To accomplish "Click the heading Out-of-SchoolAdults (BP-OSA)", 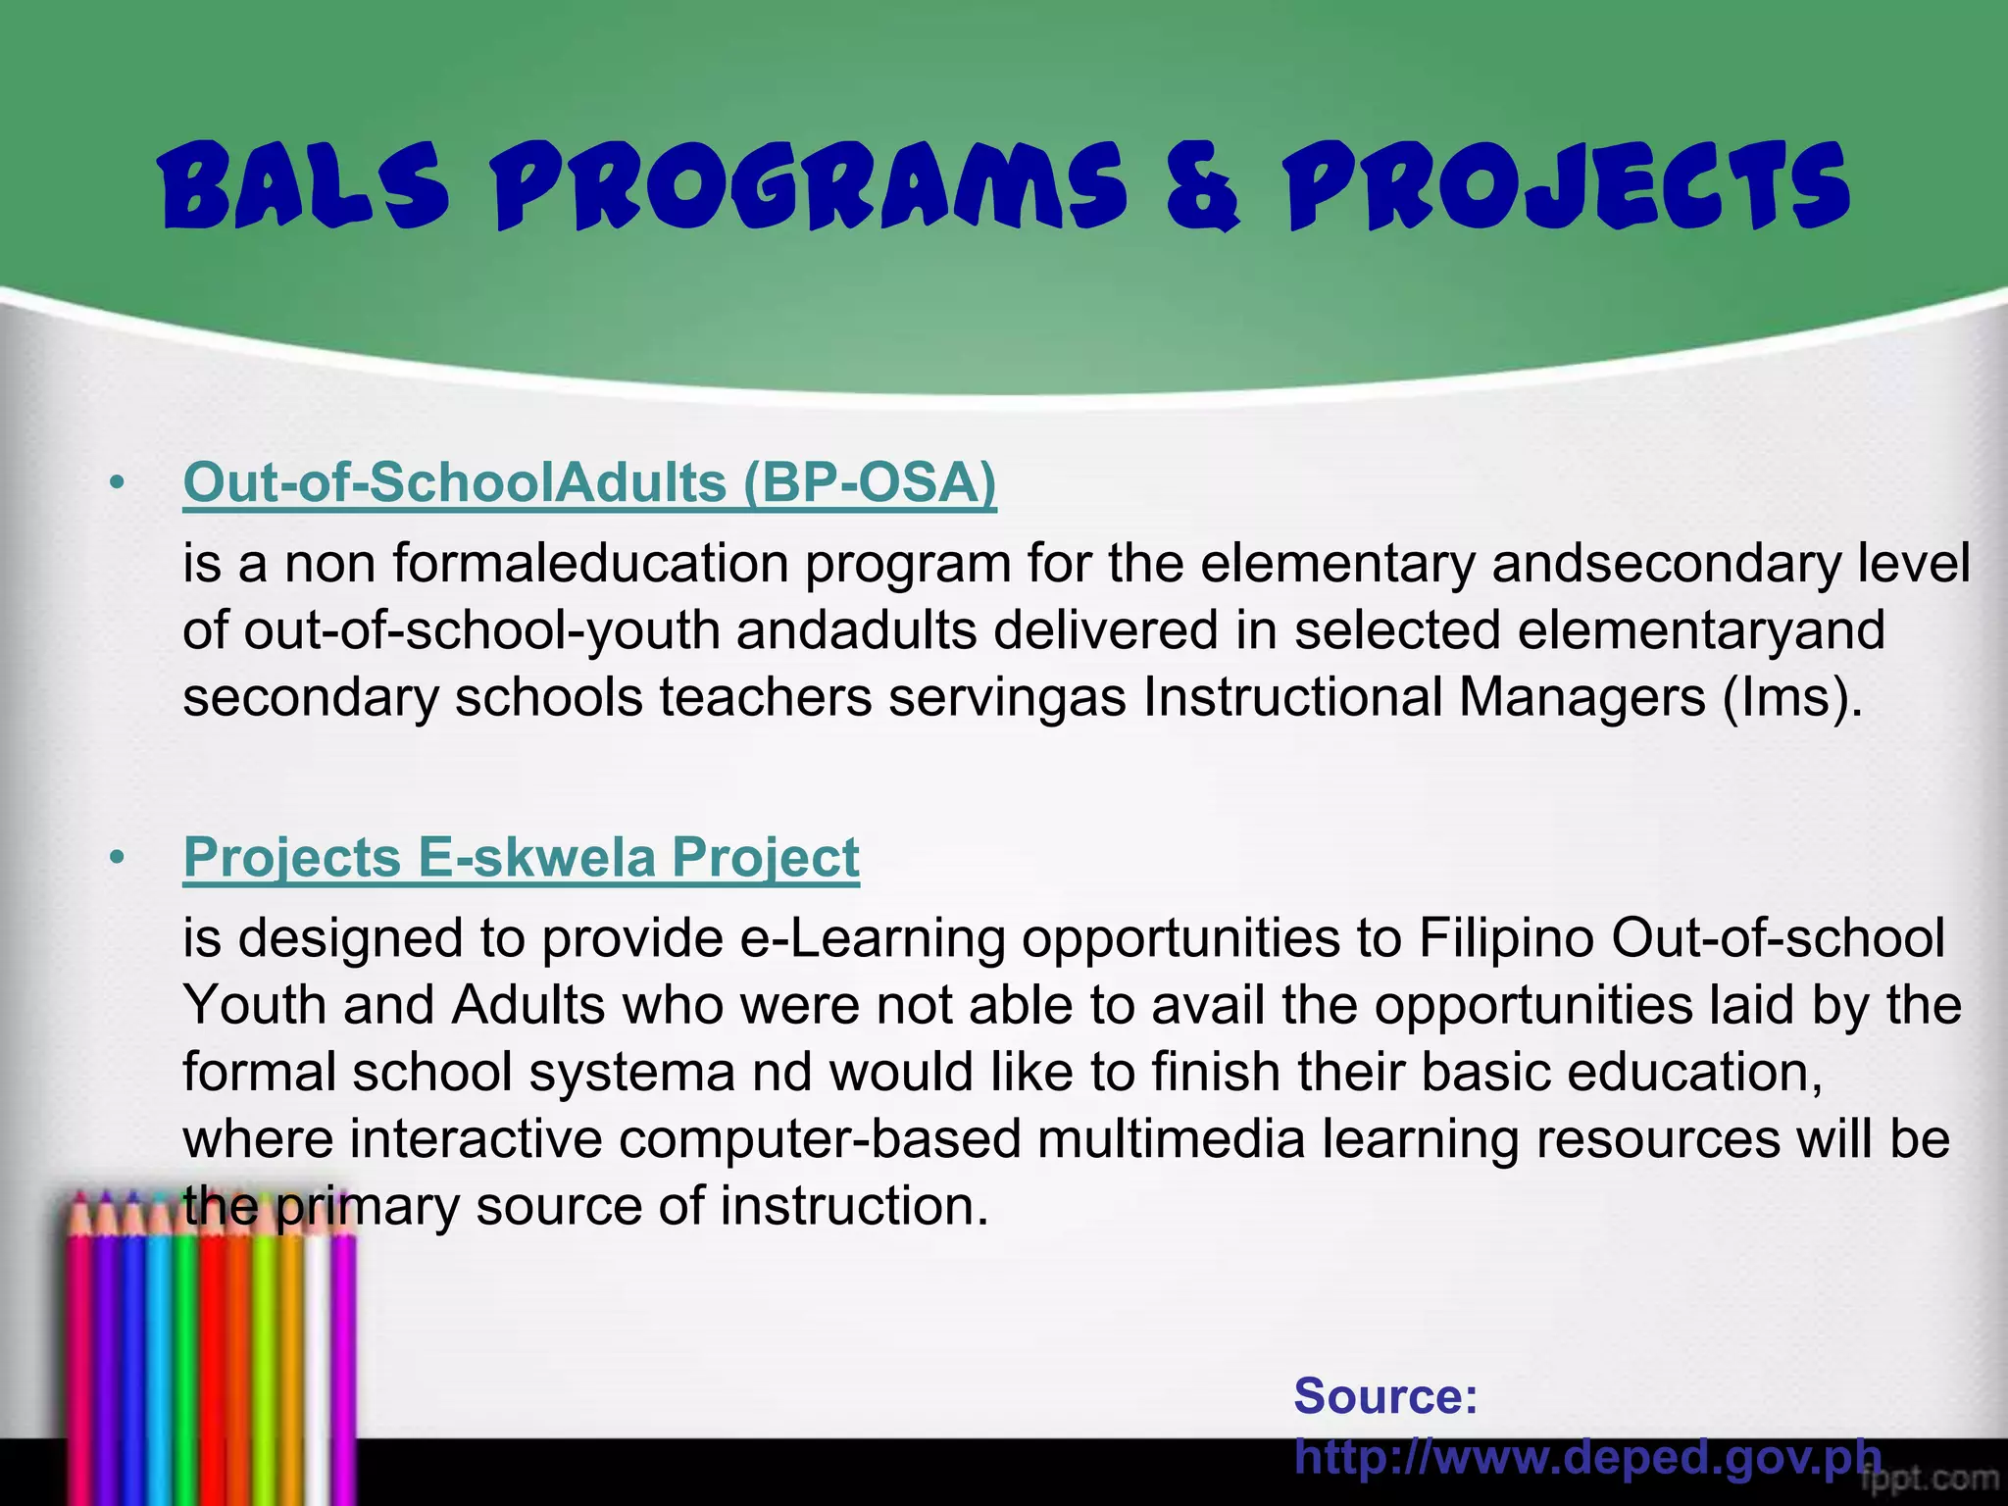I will point(589,482).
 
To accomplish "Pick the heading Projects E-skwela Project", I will point(521,857).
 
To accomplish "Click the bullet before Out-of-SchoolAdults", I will point(118,483).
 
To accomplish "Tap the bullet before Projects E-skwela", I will point(118,858).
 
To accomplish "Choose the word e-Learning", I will point(873,938).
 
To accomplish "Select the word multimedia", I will point(1171,1139).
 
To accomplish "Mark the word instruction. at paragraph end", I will point(854,1206).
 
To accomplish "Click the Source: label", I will point(1385,1395).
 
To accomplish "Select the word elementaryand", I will point(1701,630).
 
